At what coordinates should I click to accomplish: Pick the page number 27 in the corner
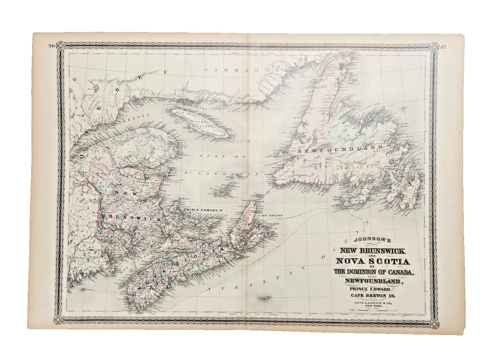click(x=442, y=47)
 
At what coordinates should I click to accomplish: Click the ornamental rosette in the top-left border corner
click(x=60, y=46)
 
